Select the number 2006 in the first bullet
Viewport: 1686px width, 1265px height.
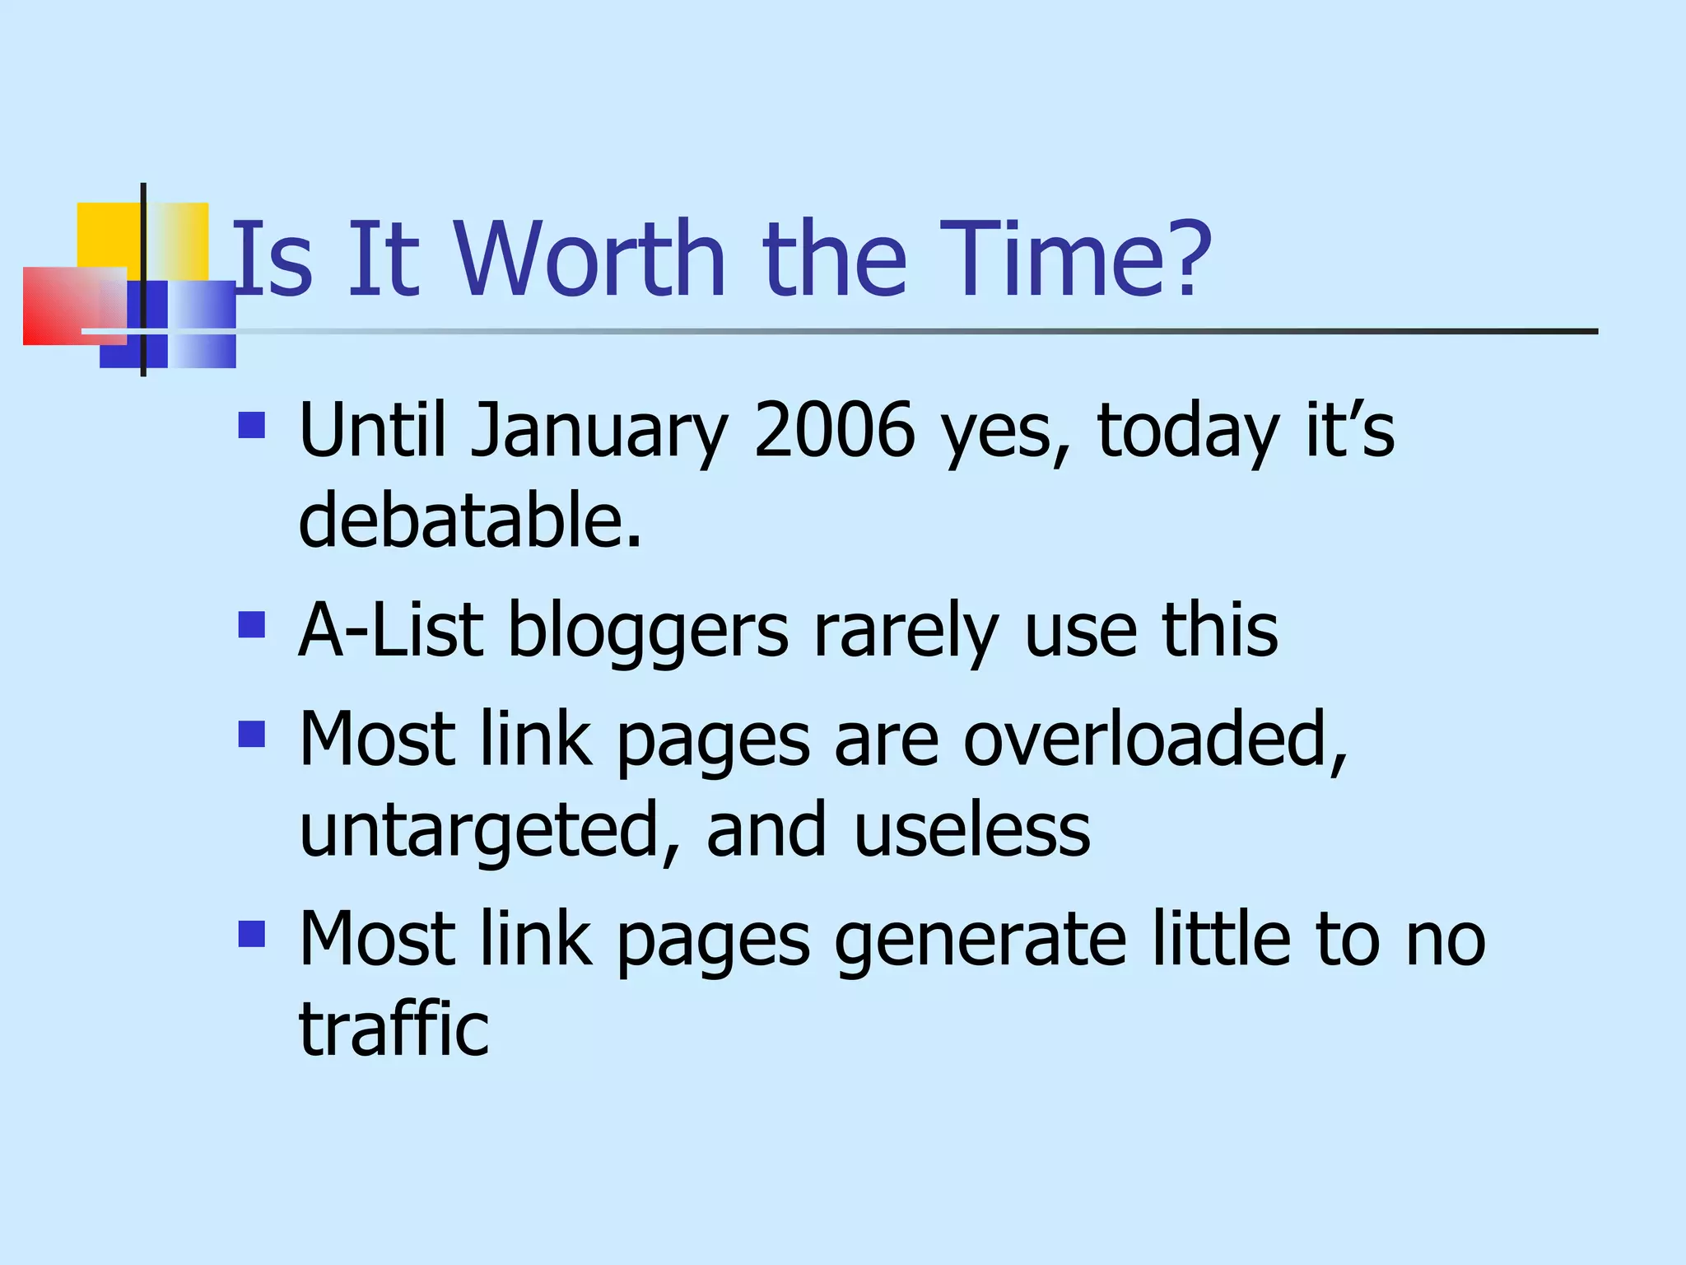click(834, 430)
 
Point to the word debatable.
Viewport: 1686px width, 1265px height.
click(469, 520)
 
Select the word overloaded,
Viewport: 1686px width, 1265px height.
click(1155, 740)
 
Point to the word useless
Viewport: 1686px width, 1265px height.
click(972, 829)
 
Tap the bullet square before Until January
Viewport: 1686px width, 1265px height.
click(252, 425)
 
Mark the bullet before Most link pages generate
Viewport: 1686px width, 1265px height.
click(252, 934)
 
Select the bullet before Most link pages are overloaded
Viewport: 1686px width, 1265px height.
click(252, 733)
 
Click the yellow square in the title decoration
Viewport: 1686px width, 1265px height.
click(108, 235)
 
